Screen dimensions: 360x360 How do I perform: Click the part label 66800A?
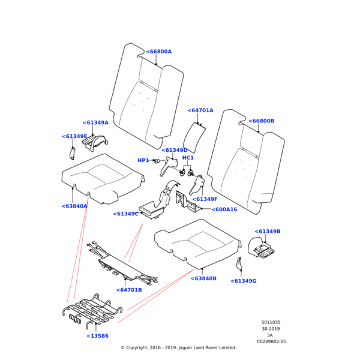tap(159, 52)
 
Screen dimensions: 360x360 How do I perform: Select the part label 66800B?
tap(260, 121)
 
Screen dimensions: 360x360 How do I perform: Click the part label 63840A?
tap(74, 206)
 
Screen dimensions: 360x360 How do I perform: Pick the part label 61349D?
tap(175, 150)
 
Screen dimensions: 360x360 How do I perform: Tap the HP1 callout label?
tap(143, 160)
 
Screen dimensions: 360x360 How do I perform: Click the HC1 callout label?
tap(188, 158)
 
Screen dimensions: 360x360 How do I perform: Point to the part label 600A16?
tap(224, 209)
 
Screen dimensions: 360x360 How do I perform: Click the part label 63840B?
tap(203, 278)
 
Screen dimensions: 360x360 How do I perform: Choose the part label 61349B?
tap(268, 231)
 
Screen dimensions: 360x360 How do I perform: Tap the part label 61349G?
tap(244, 281)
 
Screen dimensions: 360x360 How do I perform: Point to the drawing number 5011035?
tap(271, 323)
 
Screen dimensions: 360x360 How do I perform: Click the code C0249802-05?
tap(271, 341)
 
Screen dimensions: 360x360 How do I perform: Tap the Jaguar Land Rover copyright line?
tap(178, 347)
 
